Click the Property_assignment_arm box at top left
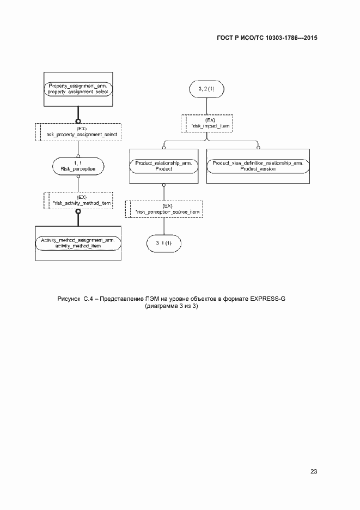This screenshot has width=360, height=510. point(78,89)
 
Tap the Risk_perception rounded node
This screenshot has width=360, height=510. point(78,166)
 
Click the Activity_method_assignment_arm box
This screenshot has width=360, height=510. point(78,243)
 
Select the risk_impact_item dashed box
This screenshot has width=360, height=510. point(207,123)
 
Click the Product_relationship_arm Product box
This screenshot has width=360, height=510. point(164,166)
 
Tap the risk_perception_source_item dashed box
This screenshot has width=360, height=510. point(164,209)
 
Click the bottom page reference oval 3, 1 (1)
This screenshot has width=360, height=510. point(164,243)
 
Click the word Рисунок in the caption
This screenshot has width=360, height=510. point(69,299)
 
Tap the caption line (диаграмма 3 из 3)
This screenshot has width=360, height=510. point(172,307)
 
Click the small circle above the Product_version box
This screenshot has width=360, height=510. point(258,146)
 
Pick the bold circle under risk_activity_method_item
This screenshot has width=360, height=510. point(78,211)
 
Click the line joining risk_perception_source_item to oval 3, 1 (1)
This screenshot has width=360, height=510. point(164,227)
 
